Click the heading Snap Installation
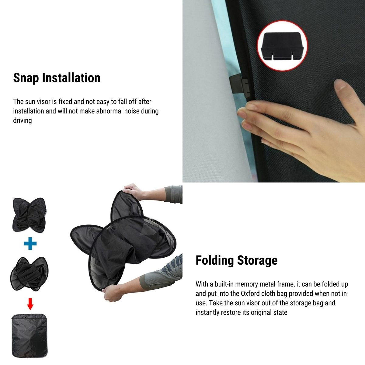point(57,78)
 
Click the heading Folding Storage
point(236,260)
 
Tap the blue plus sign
point(30,243)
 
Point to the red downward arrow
point(30,304)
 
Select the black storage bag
point(30,336)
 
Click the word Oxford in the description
point(251,294)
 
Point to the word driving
point(23,120)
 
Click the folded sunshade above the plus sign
point(30,215)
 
